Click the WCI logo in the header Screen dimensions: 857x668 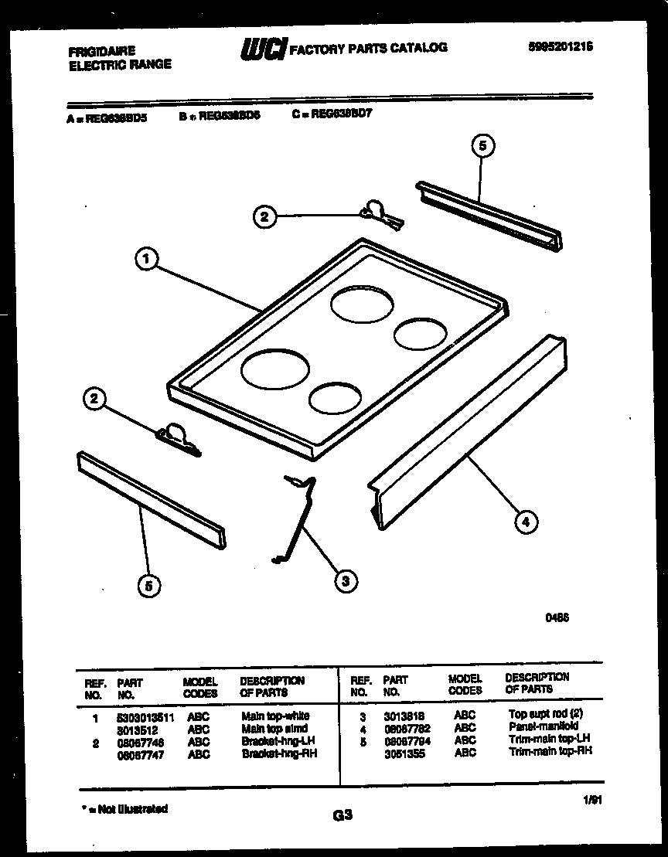tap(263, 48)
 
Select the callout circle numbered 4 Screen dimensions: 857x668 tap(525, 522)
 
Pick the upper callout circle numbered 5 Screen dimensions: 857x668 tap(482, 145)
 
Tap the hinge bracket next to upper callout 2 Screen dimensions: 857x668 tap(379, 214)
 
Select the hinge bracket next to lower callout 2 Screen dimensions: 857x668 tap(178, 438)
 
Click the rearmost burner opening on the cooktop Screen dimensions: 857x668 tap(360, 303)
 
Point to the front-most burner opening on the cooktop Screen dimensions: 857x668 tap(334, 399)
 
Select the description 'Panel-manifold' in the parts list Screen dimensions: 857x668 tap(543, 727)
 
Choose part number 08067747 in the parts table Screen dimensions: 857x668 tap(139, 753)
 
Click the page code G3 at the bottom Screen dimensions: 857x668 tap(343, 814)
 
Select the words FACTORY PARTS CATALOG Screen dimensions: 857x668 tap(367, 48)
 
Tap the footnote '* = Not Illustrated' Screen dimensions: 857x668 tap(124, 809)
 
